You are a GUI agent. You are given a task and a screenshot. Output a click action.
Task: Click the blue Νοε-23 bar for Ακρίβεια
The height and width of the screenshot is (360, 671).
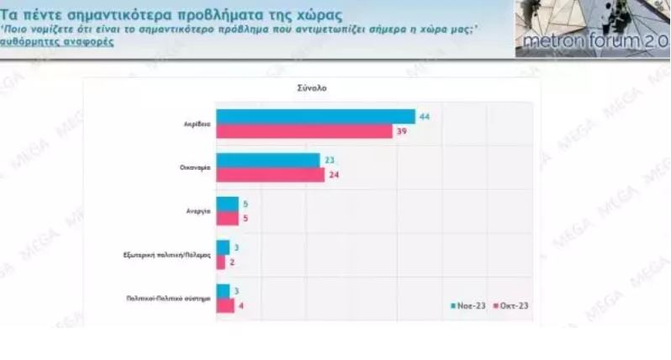coord(315,116)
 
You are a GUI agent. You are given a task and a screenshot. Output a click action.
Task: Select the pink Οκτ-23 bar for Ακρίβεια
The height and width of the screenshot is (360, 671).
coord(304,130)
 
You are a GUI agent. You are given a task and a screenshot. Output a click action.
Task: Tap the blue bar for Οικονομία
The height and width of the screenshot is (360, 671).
coord(267,160)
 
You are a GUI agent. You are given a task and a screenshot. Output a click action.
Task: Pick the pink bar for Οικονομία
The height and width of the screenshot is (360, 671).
coord(270,174)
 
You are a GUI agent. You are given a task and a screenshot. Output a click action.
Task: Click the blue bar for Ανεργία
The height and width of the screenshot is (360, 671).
coord(227,204)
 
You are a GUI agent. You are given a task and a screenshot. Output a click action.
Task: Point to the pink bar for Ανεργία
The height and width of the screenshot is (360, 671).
coord(227,218)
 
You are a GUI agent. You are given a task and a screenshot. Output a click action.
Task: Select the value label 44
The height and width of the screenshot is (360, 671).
coord(425,116)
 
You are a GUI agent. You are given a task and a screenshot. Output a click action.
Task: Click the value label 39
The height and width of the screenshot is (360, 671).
coord(402,131)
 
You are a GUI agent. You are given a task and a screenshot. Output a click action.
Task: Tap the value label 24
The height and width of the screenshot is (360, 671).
coord(334,175)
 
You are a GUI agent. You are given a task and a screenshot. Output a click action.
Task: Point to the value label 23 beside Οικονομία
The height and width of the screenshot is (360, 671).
coord(329,160)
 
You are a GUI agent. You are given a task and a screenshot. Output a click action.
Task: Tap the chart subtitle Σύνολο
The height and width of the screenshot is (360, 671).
coord(310,87)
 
